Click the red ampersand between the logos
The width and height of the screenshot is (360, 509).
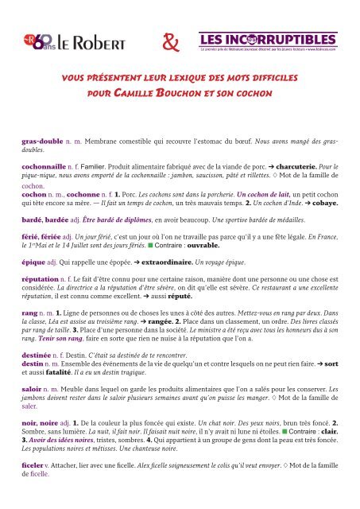172,37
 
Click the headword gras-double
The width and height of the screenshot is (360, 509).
41,139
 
